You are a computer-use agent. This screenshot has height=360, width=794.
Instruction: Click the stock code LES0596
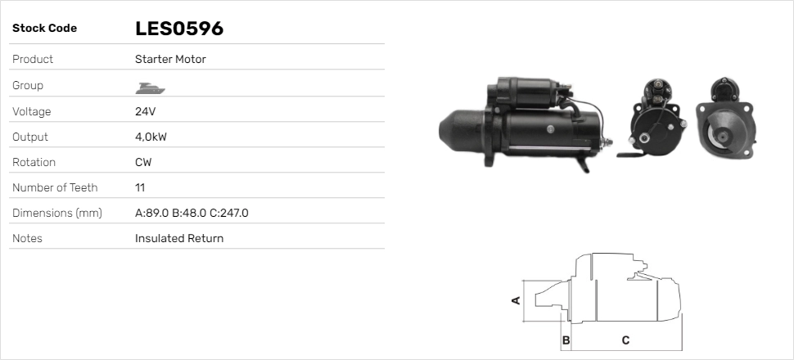tap(179, 29)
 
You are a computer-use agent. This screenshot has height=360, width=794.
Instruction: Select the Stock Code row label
tap(44, 29)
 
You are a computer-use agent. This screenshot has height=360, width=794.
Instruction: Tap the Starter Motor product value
tap(170, 60)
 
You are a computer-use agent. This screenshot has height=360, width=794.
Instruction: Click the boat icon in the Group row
tap(148, 86)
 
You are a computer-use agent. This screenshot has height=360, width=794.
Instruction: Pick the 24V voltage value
tap(145, 111)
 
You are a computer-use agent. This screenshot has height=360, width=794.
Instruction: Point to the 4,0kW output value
tap(151, 137)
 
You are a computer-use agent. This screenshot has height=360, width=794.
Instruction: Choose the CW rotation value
tap(143, 162)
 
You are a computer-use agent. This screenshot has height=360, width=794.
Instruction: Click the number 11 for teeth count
tap(140, 187)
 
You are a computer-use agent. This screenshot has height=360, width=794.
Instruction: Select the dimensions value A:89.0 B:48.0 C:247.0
tap(192, 213)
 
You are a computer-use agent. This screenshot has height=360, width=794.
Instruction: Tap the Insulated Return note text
tap(179, 238)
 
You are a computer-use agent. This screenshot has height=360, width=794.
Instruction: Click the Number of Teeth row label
tap(55, 187)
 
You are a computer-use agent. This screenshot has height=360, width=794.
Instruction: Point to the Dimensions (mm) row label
tap(56, 213)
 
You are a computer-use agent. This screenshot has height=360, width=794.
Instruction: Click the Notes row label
tap(27, 238)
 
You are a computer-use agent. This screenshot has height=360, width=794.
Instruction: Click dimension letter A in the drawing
tap(516, 300)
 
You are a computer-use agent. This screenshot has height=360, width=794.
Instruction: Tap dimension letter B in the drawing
tap(566, 340)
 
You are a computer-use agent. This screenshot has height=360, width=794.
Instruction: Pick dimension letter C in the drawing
tap(625, 340)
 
